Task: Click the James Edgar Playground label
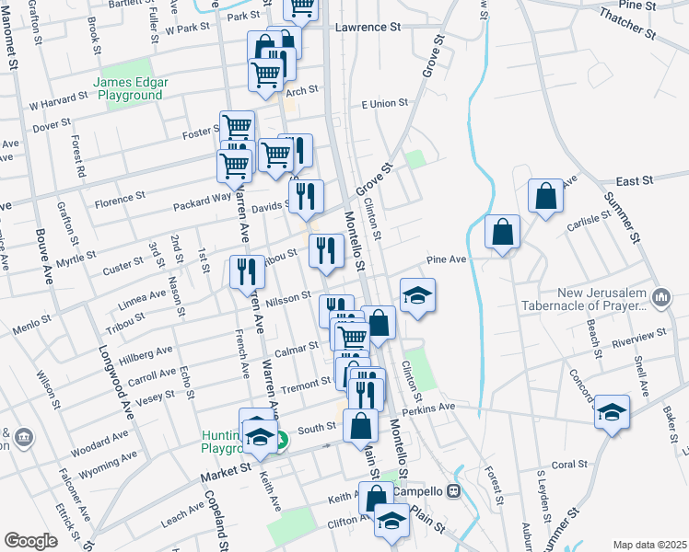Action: point(130,88)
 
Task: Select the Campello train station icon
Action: point(453,491)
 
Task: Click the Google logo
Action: point(30,541)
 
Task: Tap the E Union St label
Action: point(384,104)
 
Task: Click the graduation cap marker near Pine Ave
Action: point(418,296)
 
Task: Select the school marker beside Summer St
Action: point(612,412)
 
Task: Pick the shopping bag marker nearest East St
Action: point(545,197)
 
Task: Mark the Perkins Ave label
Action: point(426,408)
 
